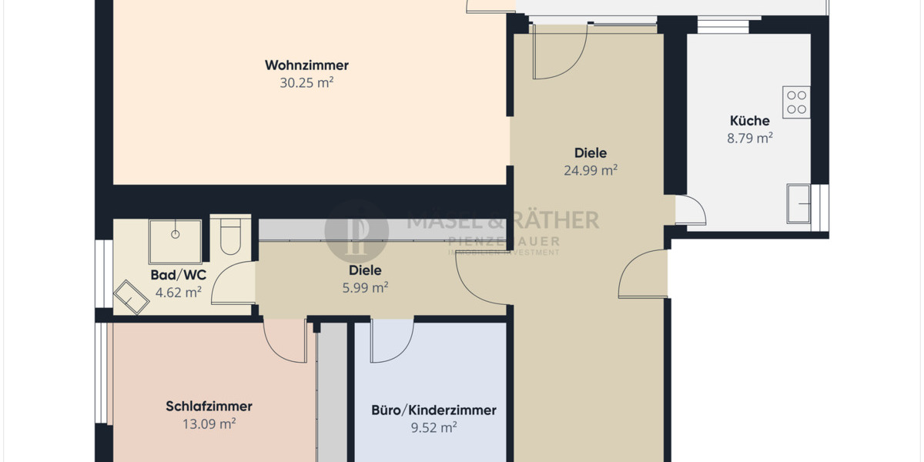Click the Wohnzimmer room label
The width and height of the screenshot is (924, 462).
(x=306, y=65)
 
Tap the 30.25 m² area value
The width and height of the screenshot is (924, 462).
(x=306, y=82)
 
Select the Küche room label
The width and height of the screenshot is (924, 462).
(x=749, y=121)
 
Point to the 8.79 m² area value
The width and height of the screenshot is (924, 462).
(x=749, y=139)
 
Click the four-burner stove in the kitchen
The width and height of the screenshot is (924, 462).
(x=797, y=102)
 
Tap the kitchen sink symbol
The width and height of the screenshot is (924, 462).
(x=798, y=204)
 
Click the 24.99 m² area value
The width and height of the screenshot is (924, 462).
(x=591, y=170)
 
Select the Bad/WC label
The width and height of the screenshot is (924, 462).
(x=178, y=275)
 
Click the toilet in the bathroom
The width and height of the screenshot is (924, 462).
(x=231, y=236)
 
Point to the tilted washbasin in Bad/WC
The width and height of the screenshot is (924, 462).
(x=132, y=296)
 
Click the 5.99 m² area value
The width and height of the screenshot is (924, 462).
(x=365, y=288)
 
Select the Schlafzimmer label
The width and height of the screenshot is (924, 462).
(x=209, y=407)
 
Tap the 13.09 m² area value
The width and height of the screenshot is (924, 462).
(x=209, y=423)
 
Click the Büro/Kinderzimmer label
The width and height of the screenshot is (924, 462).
(x=434, y=410)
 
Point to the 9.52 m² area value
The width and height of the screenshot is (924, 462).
(x=434, y=427)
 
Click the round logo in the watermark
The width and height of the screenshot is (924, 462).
(x=357, y=230)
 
